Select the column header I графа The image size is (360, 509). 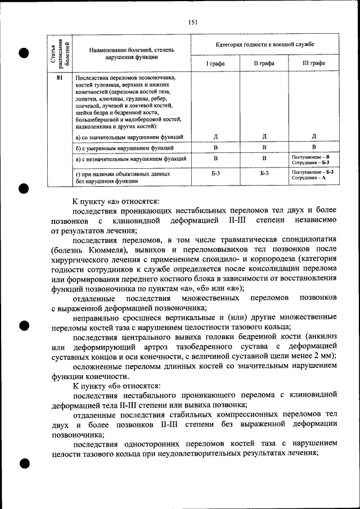216,64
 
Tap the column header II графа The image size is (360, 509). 264,64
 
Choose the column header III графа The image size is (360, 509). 314,64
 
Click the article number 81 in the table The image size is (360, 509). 59,78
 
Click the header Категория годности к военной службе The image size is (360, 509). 265,43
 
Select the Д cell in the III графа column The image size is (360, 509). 314,136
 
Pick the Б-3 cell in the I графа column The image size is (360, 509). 216,175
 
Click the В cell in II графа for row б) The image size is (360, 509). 264,147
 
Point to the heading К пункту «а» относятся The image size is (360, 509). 116,201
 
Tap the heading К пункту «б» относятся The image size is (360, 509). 116,386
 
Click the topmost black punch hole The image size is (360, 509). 23,53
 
